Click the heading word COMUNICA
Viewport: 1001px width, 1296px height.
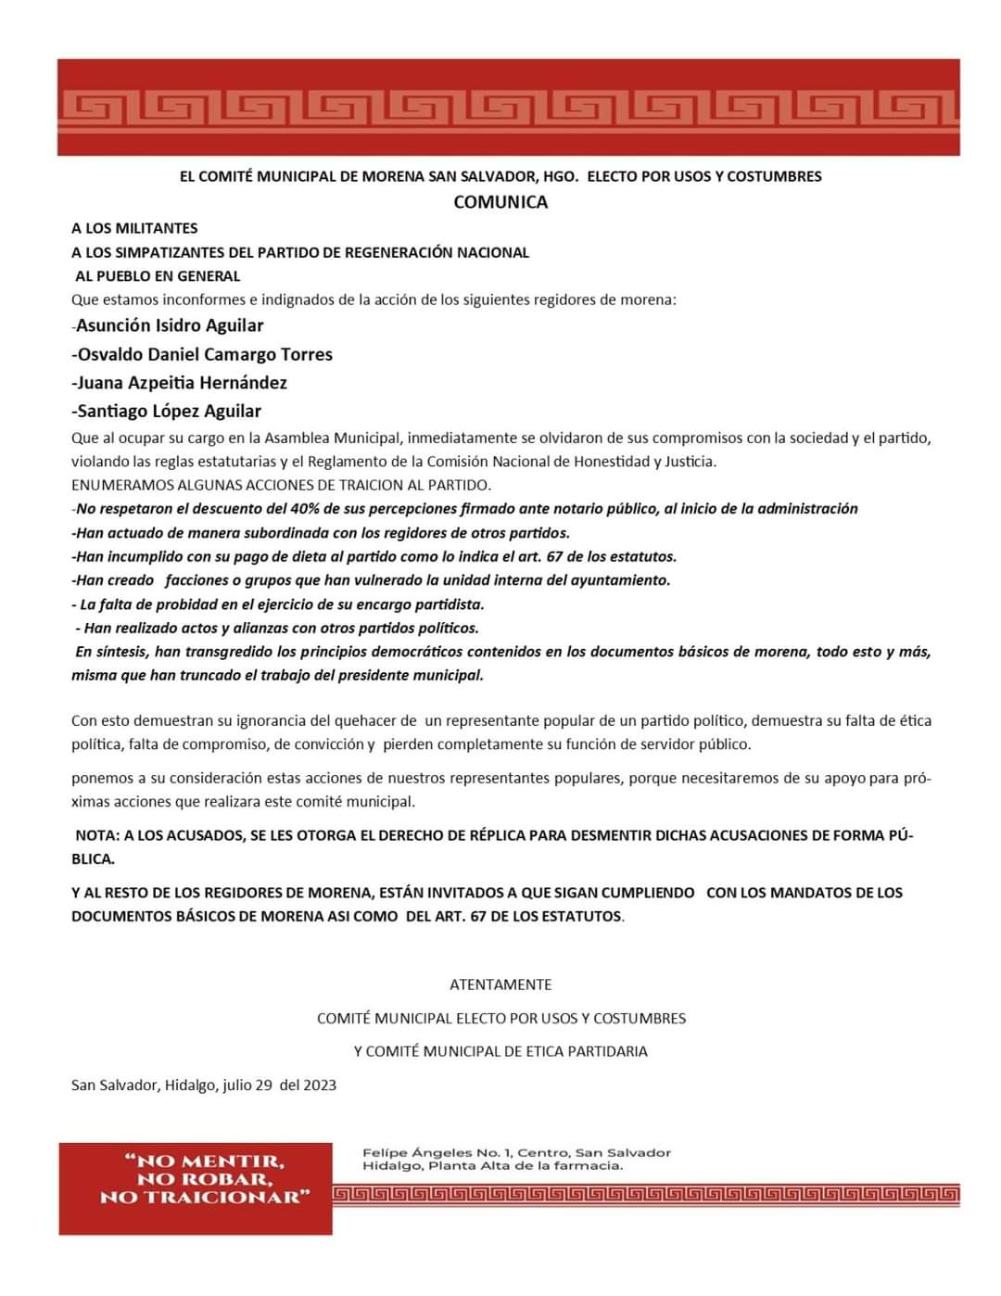[500, 202]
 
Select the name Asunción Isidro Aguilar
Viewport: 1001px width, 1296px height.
[170, 325]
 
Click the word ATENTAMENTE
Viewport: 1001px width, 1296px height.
[500, 985]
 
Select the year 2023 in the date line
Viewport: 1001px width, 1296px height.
[320, 1085]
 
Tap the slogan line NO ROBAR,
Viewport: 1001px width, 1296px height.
[205, 1179]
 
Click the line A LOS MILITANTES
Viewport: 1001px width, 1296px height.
[134, 228]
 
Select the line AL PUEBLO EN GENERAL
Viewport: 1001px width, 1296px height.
[158, 276]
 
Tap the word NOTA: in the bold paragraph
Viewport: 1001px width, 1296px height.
[97, 835]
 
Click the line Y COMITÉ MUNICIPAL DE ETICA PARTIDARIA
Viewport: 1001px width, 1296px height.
[500, 1051]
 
